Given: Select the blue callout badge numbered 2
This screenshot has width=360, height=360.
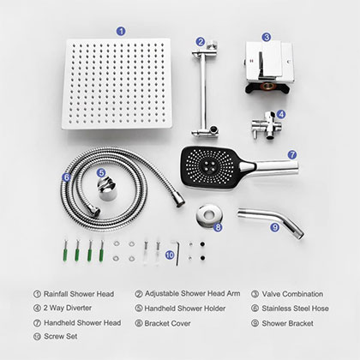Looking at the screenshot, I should (x=200, y=40).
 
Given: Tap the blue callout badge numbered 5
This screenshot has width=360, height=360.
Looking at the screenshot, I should (x=100, y=171).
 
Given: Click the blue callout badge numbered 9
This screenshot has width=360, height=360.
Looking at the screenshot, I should (x=274, y=227).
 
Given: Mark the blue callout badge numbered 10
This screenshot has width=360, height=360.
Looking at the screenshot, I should (x=170, y=255).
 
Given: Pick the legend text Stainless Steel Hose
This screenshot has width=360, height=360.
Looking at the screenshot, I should (x=296, y=309).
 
